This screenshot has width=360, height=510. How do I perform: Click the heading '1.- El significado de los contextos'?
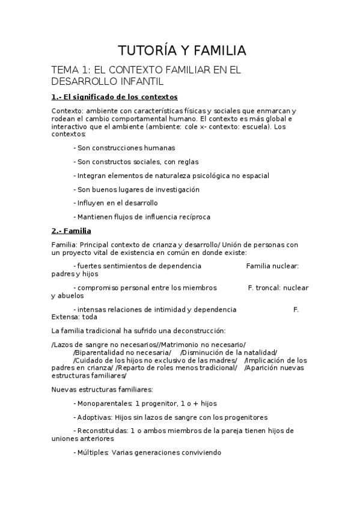point(114,97)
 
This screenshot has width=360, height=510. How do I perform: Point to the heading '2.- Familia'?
point(71,230)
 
